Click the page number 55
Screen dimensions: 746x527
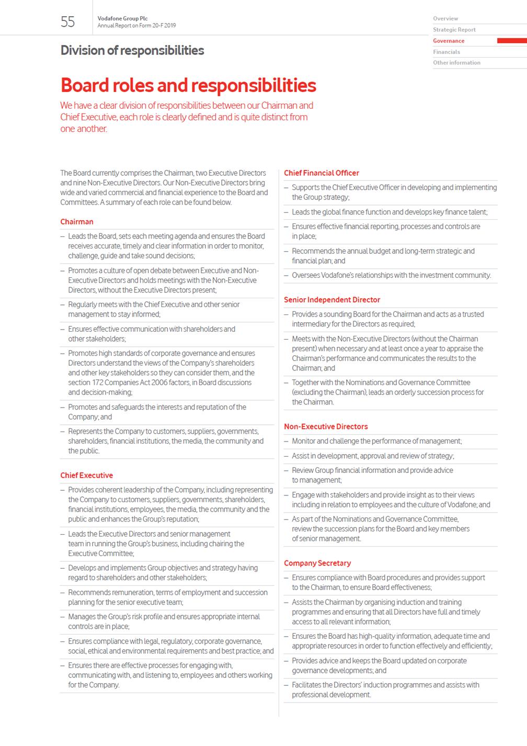68,21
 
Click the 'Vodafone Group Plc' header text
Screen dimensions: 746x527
122,18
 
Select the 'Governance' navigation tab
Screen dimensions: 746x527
449,41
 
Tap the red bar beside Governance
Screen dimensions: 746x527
511,41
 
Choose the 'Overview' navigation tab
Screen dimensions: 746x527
445,19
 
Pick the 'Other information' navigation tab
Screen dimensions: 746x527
456,63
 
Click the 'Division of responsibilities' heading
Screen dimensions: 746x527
132,50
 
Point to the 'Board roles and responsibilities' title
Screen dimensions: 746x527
188,85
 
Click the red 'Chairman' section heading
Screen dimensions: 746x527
77,222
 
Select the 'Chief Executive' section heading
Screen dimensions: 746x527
87,476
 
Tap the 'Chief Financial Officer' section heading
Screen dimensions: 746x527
322,173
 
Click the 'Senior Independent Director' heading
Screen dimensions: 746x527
332,300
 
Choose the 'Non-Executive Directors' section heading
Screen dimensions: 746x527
326,427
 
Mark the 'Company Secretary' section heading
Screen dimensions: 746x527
317,563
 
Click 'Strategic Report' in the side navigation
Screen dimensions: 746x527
454,30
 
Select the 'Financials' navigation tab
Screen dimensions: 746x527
446,52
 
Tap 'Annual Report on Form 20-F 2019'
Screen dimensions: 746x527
136,26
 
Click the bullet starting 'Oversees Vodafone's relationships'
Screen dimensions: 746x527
391,275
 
